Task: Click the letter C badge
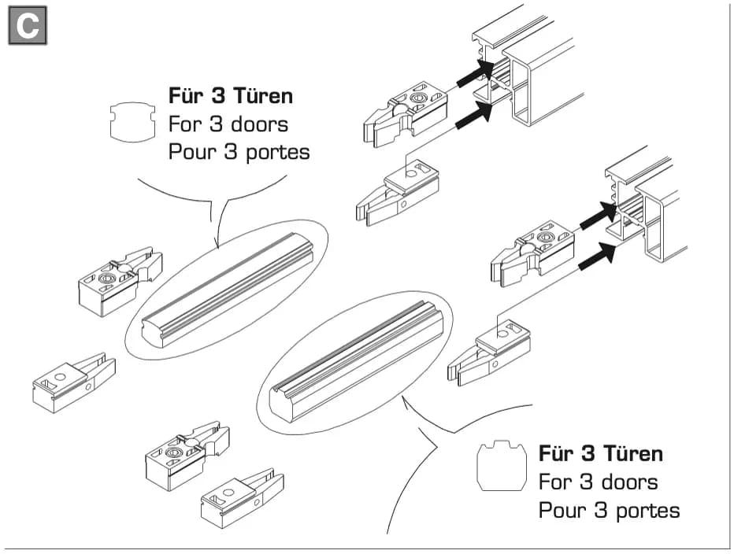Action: (x=28, y=25)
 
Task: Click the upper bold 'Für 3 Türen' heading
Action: (x=230, y=96)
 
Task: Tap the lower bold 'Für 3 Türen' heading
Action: (x=601, y=454)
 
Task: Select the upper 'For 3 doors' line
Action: (x=228, y=124)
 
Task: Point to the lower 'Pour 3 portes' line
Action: (x=609, y=511)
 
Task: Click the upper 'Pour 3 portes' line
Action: (x=239, y=153)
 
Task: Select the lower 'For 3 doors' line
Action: (x=599, y=482)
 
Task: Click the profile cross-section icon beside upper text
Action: (x=132, y=122)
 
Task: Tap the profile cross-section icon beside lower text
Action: (x=502, y=466)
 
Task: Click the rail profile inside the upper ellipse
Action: (x=227, y=290)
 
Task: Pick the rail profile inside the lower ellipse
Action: (x=356, y=361)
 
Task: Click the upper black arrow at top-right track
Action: (x=476, y=73)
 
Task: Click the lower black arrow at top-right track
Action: (x=474, y=115)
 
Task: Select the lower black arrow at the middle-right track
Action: (x=597, y=257)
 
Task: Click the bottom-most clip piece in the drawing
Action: (x=242, y=499)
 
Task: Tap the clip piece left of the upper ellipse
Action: (x=120, y=282)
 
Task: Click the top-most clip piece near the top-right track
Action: (x=406, y=113)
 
